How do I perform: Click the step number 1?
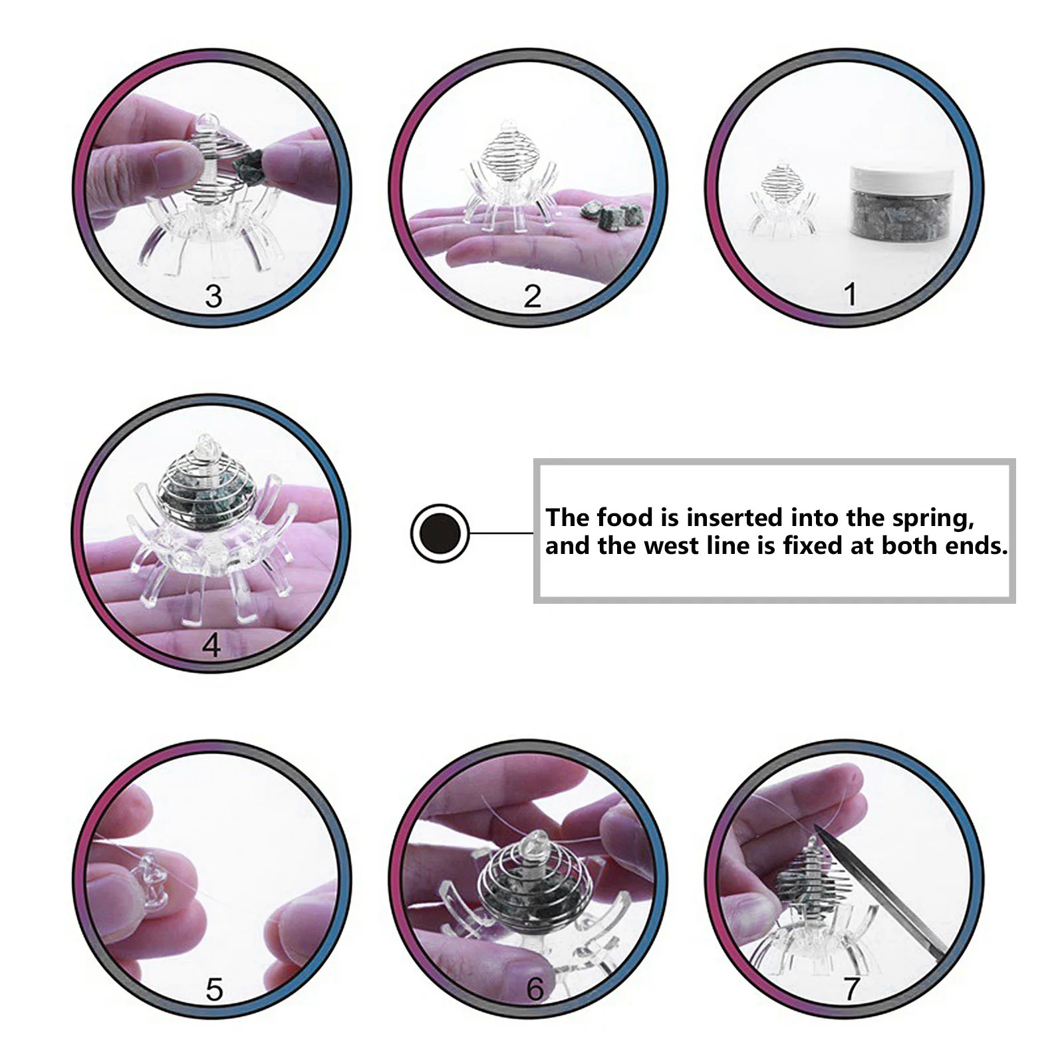[x=849, y=294]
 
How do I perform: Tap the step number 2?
[x=532, y=296]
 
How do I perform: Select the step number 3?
[x=213, y=296]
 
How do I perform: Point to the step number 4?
[x=211, y=644]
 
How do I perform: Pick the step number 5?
[x=213, y=990]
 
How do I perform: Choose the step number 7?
[x=851, y=989]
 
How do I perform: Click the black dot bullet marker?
[x=440, y=533]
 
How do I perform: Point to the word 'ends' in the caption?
[x=978, y=546]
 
